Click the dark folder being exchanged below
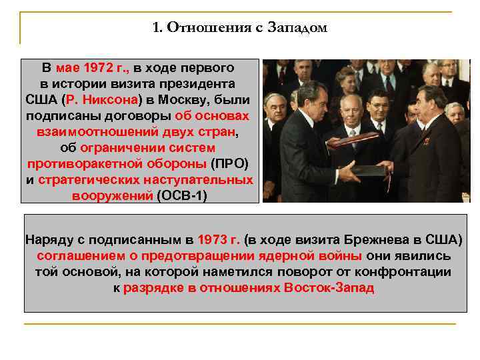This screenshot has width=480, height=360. tap(366, 170)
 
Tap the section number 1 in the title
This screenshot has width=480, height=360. tap(157, 28)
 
